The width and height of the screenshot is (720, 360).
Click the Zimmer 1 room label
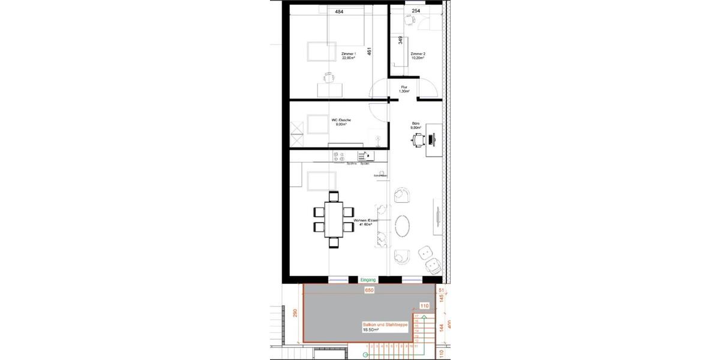tap(349, 56)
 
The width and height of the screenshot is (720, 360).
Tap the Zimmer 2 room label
tap(418, 56)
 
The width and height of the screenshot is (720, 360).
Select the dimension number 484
tap(339, 11)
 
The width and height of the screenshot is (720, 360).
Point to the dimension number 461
tap(370, 53)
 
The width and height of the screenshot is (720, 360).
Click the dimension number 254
tap(416, 11)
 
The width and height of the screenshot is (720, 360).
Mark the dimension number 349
tap(400, 41)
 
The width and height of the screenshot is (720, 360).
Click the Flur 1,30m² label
tap(405, 89)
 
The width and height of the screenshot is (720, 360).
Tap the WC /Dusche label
tap(341, 122)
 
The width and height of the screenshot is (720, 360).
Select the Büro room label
tap(415, 127)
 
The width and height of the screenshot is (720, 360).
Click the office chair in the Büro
tap(418, 140)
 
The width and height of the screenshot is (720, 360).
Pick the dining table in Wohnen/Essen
tap(334, 219)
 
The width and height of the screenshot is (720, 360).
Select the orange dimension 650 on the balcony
tap(370, 290)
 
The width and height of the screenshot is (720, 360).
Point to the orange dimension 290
tap(295, 314)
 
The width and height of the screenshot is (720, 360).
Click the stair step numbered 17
tap(416, 316)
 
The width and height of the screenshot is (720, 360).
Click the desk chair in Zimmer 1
tap(328, 77)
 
